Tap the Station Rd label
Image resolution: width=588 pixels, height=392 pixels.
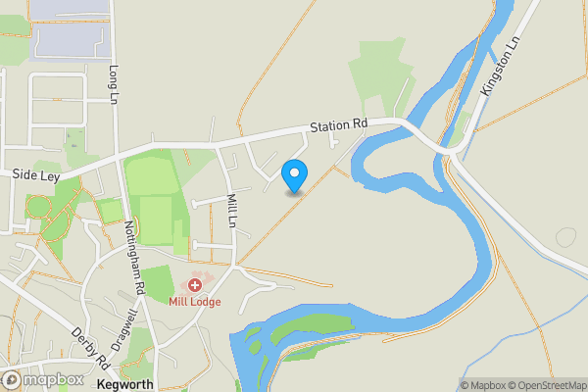[x=338, y=125]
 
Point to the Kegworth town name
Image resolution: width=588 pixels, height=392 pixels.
[x=126, y=385]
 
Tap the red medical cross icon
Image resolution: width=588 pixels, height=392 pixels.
[x=195, y=284]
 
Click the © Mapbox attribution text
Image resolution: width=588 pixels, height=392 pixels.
[x=483, y=385]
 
